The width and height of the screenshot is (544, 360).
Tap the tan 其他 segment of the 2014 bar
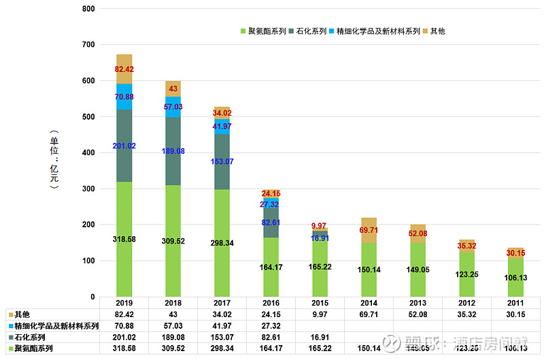(x=369, y=230)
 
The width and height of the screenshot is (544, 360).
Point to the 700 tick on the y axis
(x=88, y=45)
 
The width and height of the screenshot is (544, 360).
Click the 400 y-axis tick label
(x=88, y=153)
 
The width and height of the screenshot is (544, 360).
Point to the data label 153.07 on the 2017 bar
(x=222, y=161)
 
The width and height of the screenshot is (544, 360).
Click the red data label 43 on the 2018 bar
(x=173, y=89)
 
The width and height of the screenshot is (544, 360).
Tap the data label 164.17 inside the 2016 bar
(x=271, y=267)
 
